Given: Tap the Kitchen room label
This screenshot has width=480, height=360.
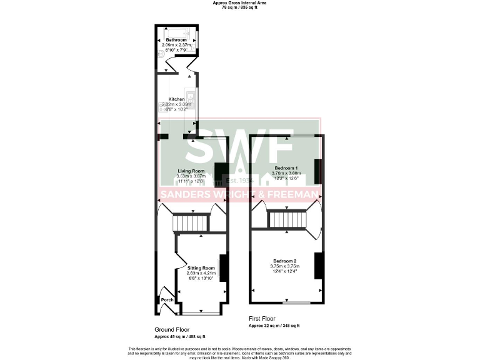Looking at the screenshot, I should pyautogui.click(x=176, y=99).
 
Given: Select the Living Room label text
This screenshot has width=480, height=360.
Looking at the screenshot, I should pyautogui.click(x=191, y=171).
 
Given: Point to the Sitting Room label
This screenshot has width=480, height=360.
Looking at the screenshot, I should pyautogui.click(x=201, y=267).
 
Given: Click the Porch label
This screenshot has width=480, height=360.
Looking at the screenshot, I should pyautogui.click(x=167, y=300).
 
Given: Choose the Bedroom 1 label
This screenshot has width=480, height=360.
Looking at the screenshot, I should pyautogui.click(x=286, y=167).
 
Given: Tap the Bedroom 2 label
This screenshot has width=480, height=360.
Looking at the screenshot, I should pyautogui.click(x=284, y=260).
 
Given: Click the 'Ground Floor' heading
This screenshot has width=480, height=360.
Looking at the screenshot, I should pyautogui.click(x=172, y=329).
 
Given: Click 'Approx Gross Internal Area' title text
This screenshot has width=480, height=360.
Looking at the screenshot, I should pyautogui.click(x=240, y=3).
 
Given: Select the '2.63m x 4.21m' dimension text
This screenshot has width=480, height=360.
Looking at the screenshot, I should pyautogui.click(x=201, y=273).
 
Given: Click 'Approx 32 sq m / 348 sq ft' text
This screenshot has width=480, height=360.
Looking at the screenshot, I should pyautogui.click(x=274, y=326).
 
